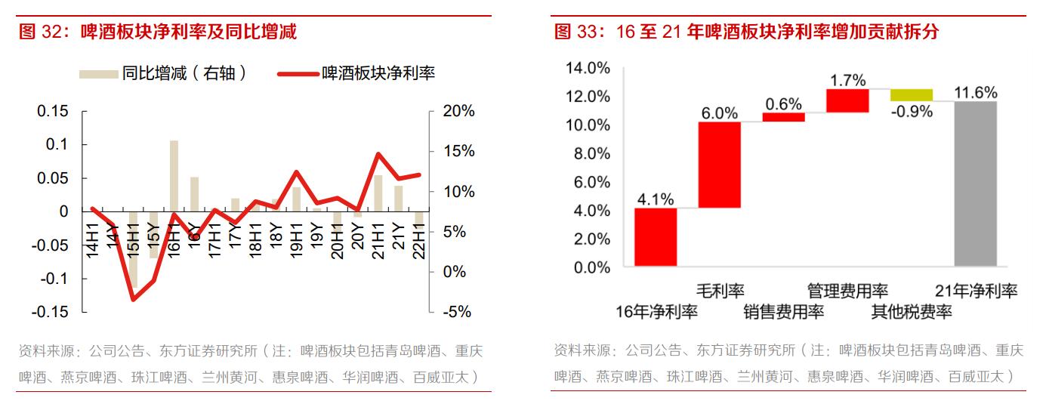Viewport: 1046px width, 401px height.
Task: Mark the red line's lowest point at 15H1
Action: [134, 300]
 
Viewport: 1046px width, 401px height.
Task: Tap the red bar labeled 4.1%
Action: [656, 237]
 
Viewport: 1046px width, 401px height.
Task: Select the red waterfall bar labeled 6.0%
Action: [719, 165]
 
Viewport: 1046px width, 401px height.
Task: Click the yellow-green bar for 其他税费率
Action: [912, 94]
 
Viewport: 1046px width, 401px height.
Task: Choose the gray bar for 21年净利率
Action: [975, 184]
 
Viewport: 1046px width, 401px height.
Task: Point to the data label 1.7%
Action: [847, 79]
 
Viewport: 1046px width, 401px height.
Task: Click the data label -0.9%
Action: [912, 110]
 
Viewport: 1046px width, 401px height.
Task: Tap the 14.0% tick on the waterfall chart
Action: [588, 68]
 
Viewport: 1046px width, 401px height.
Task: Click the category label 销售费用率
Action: [783, 311]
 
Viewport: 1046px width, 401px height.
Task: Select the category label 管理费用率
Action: [847, 291]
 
